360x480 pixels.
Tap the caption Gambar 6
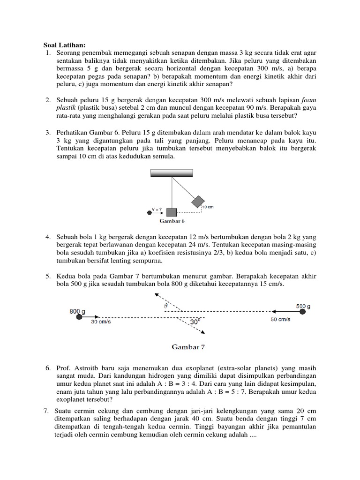[x=171, y=220]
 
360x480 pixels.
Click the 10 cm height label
[x=208, y=206]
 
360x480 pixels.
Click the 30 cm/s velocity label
[x=100, y=322]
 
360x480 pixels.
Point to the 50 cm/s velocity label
[x=280, y=319]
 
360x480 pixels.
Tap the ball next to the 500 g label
[x=303, y=311]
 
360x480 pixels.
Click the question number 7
[x=46, y=411]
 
